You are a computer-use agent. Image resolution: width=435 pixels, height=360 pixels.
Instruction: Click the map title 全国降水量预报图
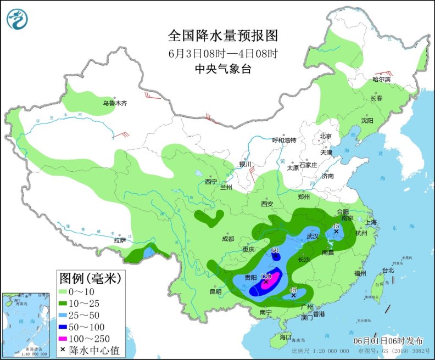(x=223, y=36)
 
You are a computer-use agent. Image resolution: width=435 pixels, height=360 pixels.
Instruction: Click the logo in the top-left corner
(x=18, y=19)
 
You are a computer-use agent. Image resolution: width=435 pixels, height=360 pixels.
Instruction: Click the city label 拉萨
(x=120, y=240)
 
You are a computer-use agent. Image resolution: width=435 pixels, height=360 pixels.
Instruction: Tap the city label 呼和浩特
(x=285, y=140)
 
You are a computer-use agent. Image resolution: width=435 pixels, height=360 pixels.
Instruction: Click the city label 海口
(x=285, y=337)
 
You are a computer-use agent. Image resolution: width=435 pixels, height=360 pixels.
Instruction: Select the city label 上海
(x=371, y=222)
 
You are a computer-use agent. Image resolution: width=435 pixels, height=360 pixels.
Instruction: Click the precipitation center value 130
(x=267, y=276)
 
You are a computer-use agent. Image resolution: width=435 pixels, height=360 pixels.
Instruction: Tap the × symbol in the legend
(x=63, y=350)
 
